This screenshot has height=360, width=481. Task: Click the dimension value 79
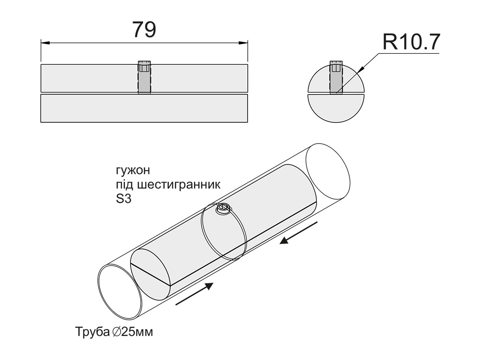coord(144,29)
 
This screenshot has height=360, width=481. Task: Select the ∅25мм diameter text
coord(133,331)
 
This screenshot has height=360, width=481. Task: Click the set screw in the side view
coord(144,78)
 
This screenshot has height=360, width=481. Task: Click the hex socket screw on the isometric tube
coord(223,208)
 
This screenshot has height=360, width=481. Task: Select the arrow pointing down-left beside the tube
coord(299,233)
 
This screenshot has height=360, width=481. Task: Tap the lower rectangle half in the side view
coord(144,108)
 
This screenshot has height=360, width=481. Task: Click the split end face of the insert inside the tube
coord(150,271)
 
